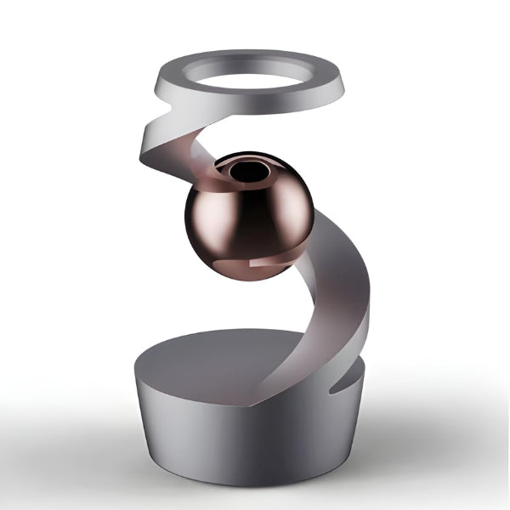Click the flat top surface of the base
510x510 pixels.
pos(204,357)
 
